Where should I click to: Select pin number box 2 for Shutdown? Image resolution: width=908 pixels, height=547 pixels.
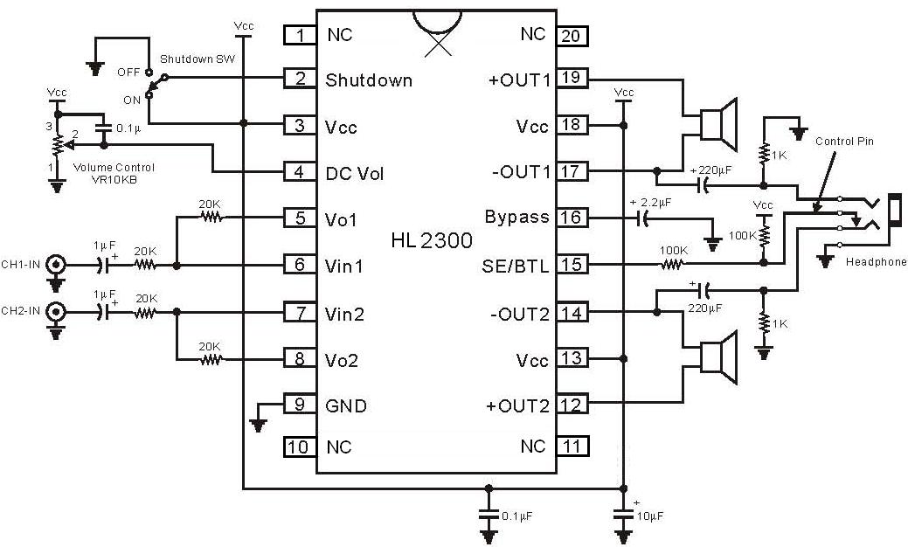(300, 80)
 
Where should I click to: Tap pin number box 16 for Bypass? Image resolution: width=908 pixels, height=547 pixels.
(572, 217)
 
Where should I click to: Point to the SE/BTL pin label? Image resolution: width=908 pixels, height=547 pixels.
(517, 265)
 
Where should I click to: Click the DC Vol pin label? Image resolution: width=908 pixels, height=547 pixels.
(354, 172)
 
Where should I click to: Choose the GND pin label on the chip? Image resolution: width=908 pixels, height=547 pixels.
(346, 405)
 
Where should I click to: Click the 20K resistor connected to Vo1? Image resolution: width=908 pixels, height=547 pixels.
(209, 217)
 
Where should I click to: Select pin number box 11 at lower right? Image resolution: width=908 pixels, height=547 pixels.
(572, 447)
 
